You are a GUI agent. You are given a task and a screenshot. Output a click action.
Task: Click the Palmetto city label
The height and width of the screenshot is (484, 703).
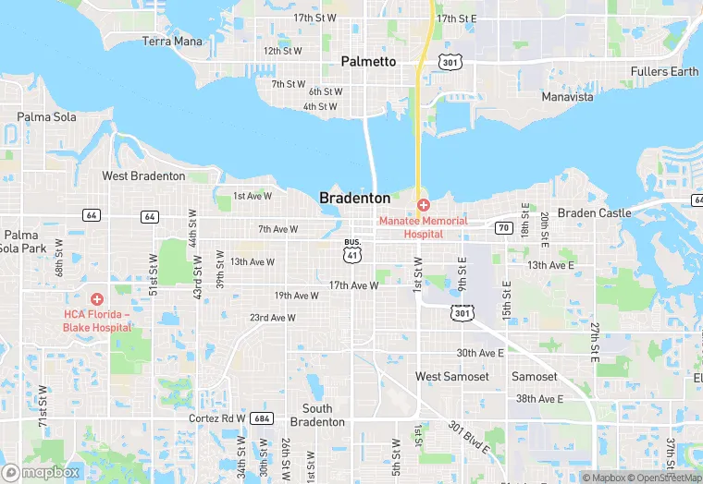[x=368, y=62]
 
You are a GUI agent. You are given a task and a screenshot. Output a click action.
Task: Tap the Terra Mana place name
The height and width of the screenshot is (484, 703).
[x=172, y=42]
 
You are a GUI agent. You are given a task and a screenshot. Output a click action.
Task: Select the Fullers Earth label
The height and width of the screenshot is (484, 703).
[x=664, y=72]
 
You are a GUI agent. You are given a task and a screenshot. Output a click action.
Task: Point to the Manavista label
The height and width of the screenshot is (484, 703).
[x=567, y=97]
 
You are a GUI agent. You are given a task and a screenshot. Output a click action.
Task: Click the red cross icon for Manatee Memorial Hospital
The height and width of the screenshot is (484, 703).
[x=423, y=204]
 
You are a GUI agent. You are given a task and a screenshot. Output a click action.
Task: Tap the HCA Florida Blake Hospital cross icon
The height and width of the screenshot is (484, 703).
[x=96, y=298]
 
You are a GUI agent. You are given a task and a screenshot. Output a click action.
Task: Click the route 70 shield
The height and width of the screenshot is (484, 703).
[x=503, y=227]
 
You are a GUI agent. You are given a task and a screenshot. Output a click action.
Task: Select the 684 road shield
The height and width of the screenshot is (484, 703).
[x=261, y=418]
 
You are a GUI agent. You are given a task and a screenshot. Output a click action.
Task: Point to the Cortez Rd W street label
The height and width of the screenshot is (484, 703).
[x=216, y=417]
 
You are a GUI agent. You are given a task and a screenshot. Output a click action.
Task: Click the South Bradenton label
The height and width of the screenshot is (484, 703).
[x=317, y=415]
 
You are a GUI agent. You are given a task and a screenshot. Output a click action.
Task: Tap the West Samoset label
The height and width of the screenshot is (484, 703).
[x=452, y=377]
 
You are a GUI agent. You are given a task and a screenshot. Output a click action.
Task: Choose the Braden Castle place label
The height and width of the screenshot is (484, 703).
[x=595, y=212]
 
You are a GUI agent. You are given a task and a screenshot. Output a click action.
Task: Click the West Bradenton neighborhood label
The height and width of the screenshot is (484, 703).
[x=143, y=175]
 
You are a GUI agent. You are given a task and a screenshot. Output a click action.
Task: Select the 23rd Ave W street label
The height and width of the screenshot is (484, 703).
[x=273, y=318]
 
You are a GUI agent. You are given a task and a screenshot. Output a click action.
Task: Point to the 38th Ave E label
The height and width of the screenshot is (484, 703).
[x=539, y=399]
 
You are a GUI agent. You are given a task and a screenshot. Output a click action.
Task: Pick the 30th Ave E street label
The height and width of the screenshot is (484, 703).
[x=480, y=353]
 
